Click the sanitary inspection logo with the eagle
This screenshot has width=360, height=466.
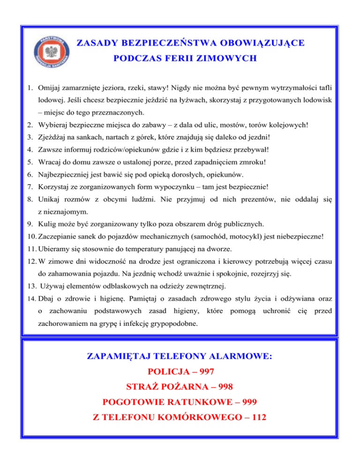click(x=52, y=51)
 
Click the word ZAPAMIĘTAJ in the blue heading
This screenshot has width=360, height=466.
click(x=119, y=356)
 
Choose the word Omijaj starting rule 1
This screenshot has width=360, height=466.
click(x=50, y=87)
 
